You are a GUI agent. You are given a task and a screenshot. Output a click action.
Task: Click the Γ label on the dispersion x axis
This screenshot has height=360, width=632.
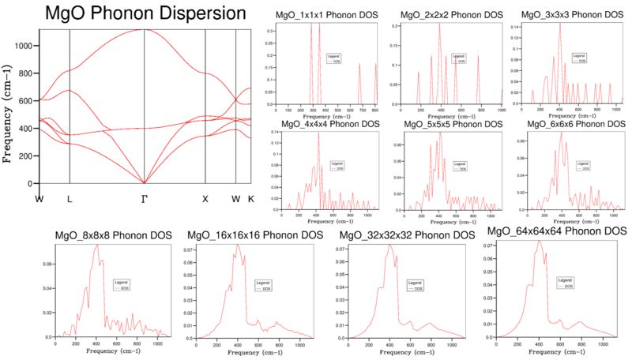click(144, 199)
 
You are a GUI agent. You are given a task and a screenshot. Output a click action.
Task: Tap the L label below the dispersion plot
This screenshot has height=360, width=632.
click(70, 199)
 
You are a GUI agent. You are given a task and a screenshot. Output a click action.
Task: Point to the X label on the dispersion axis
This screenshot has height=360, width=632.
click(205, 199)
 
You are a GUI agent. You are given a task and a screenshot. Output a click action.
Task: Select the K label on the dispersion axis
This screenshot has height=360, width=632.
click(251, 199)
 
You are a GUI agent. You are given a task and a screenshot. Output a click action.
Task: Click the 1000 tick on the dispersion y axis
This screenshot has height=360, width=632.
click(24, 46)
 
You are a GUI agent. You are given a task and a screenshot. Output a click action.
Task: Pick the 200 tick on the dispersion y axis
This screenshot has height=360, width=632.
click(26, 156)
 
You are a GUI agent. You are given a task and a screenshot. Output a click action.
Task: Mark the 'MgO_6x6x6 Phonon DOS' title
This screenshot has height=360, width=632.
click(575, 124)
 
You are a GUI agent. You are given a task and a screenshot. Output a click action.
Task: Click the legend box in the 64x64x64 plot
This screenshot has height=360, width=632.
click(564, 281)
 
